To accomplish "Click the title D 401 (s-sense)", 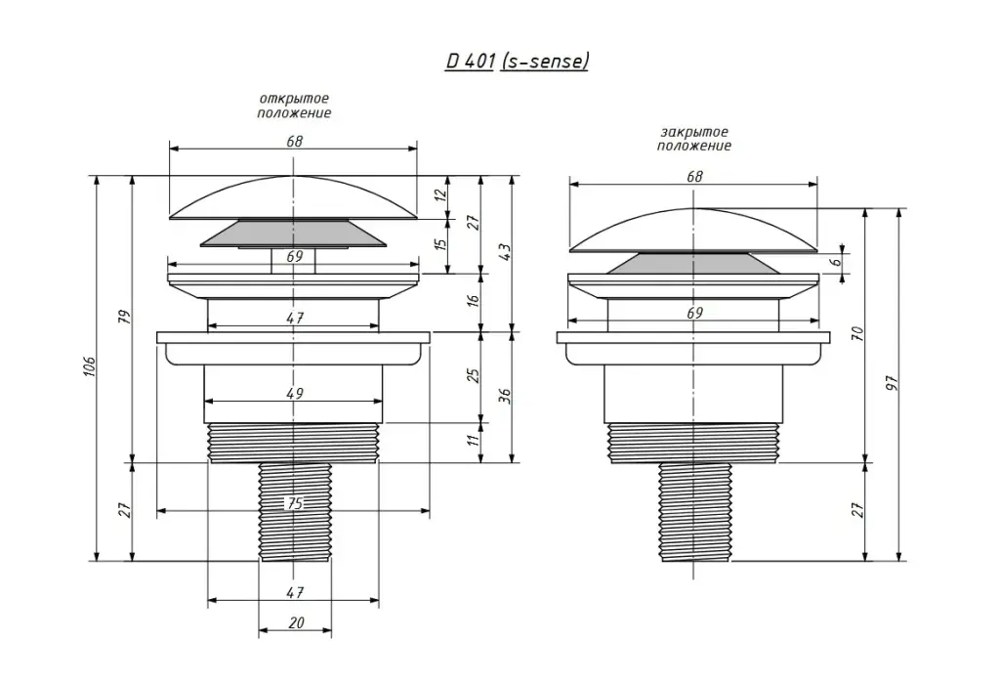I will pos(517,61).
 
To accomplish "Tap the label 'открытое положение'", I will pos(293,106).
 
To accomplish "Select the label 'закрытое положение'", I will pos(693,139).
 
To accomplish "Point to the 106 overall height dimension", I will pos(89,367).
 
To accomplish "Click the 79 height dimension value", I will pos(124,319).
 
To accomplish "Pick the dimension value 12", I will pos(440,194).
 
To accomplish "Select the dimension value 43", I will pos(505,252).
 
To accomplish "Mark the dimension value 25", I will pos(473,375).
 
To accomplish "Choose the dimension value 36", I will pos(505,395).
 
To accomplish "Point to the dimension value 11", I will pos(473,441).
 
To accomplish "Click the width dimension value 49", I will pos(294,393).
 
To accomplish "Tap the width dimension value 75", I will pos(293,503).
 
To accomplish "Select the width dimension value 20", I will pos(296,622).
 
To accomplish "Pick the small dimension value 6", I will pos(837,262).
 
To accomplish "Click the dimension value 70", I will pos(857,332).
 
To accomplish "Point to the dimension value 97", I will pos(892,381).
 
